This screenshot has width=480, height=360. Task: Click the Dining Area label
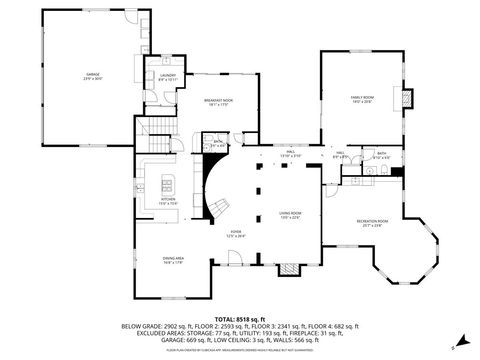point(173,261)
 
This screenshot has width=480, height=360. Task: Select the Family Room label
point(361,99)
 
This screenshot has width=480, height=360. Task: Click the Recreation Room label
point(376,224)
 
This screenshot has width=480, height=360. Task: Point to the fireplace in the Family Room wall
point(406,99)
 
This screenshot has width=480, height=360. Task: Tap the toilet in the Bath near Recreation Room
point(369,171)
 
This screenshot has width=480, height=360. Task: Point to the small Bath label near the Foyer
point(219,144)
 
